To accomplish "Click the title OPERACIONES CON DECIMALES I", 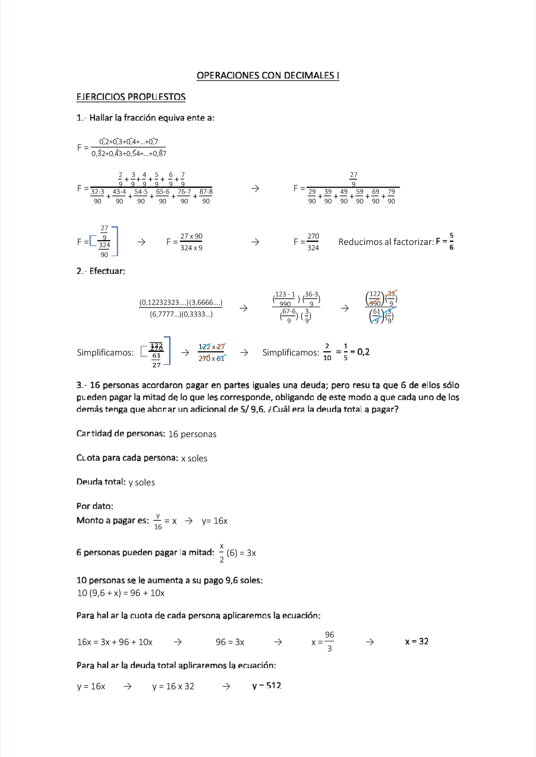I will (268, 75).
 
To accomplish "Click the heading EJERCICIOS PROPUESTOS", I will (131, 97).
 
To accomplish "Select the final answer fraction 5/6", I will (451, 242).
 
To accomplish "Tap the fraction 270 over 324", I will (313, 242).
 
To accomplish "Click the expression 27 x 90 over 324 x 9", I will (191, 242).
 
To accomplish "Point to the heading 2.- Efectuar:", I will (100, 271).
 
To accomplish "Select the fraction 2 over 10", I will (327, 352).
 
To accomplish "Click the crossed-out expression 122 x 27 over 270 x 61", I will (212, 352).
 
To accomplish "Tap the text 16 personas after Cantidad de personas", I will (192, 434).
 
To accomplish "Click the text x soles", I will (194, 458).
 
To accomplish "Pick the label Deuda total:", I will (101, 482).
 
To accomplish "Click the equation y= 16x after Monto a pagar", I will (214, 521).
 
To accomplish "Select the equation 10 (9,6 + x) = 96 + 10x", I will (121, 593).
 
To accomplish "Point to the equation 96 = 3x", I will (230, 642).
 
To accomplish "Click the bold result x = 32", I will (416, 641).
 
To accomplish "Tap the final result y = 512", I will (267, 686).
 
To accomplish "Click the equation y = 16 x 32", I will (173, 686).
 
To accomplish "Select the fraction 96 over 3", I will (329, 642).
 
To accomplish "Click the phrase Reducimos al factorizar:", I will (386, 242).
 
